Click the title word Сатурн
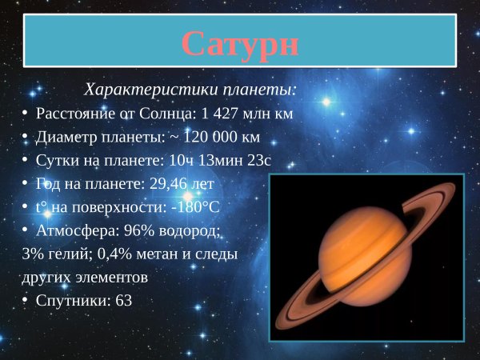[240, 43]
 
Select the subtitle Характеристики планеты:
[190, 88]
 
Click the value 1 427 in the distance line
[214, 114]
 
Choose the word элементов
[108, 278]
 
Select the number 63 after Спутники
[123, 301]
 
